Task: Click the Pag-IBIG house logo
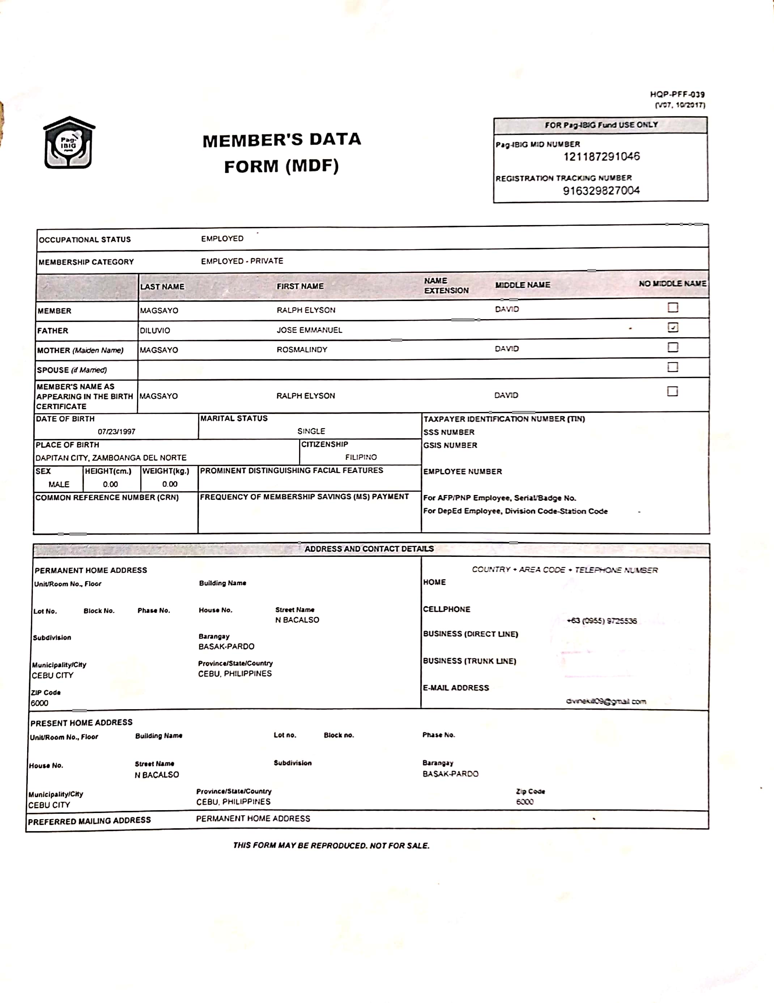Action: [69, 143]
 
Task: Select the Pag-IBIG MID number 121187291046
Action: [601, 157]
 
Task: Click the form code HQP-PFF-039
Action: [677, 94]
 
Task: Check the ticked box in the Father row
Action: [672, 327]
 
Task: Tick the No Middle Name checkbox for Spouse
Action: [672, 367]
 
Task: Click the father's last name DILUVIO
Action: [155, 331]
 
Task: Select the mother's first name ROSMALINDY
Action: [302, 350]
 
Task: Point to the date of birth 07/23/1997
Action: [116, 432]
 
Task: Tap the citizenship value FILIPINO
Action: [361, 457]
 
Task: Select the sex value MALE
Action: [59, 484]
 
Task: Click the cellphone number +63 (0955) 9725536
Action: [601, 621]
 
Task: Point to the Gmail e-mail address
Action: [605, 701]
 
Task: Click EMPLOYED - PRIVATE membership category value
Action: [242, 261]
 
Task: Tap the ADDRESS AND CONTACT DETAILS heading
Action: [369, 549]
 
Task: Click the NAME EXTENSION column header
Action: [446, 285]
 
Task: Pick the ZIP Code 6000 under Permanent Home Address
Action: [39, 703]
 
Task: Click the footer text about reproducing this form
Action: [331, 846]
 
